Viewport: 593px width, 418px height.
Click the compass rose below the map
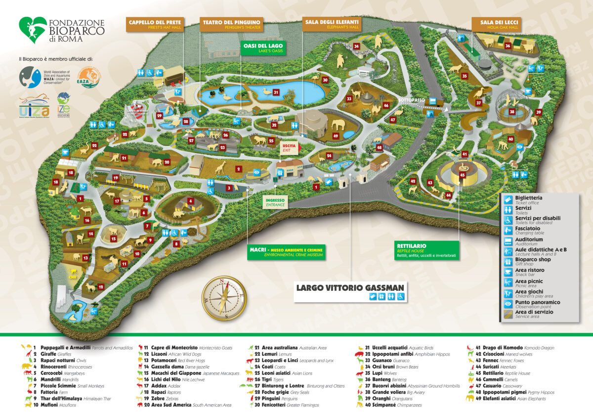[224, 297]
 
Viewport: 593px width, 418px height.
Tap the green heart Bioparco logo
[33, 30]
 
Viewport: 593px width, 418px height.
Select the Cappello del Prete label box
[155, 25]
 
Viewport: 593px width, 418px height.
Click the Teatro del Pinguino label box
[230, 25]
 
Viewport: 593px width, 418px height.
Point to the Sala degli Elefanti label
[332, 25]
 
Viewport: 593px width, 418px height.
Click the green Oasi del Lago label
[262, 48]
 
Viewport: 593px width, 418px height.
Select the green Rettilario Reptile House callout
[428, 250]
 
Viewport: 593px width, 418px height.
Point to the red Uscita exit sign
[288, 147]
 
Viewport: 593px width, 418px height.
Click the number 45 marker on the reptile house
[462, 175]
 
